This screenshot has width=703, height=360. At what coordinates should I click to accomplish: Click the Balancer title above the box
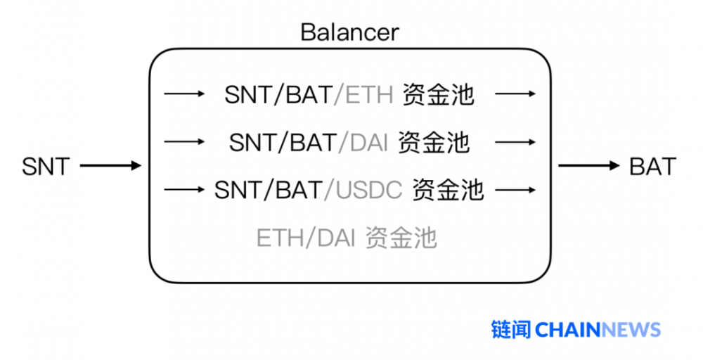349,32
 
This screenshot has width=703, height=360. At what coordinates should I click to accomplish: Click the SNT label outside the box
46,167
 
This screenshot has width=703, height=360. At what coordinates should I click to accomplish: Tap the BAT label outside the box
652,167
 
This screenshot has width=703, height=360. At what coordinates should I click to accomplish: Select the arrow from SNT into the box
110,167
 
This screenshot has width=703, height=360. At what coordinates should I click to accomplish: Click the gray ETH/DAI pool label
346,238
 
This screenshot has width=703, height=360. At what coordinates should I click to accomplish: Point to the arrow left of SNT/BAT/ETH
183,94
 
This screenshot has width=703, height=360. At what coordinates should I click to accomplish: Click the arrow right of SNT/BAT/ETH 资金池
517,94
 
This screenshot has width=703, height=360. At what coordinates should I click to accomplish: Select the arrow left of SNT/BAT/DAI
183,142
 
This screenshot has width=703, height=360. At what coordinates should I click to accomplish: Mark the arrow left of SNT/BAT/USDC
183,190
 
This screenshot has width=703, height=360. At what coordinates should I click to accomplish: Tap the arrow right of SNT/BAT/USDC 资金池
517,190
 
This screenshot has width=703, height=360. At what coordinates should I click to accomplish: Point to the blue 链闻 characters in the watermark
511,329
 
